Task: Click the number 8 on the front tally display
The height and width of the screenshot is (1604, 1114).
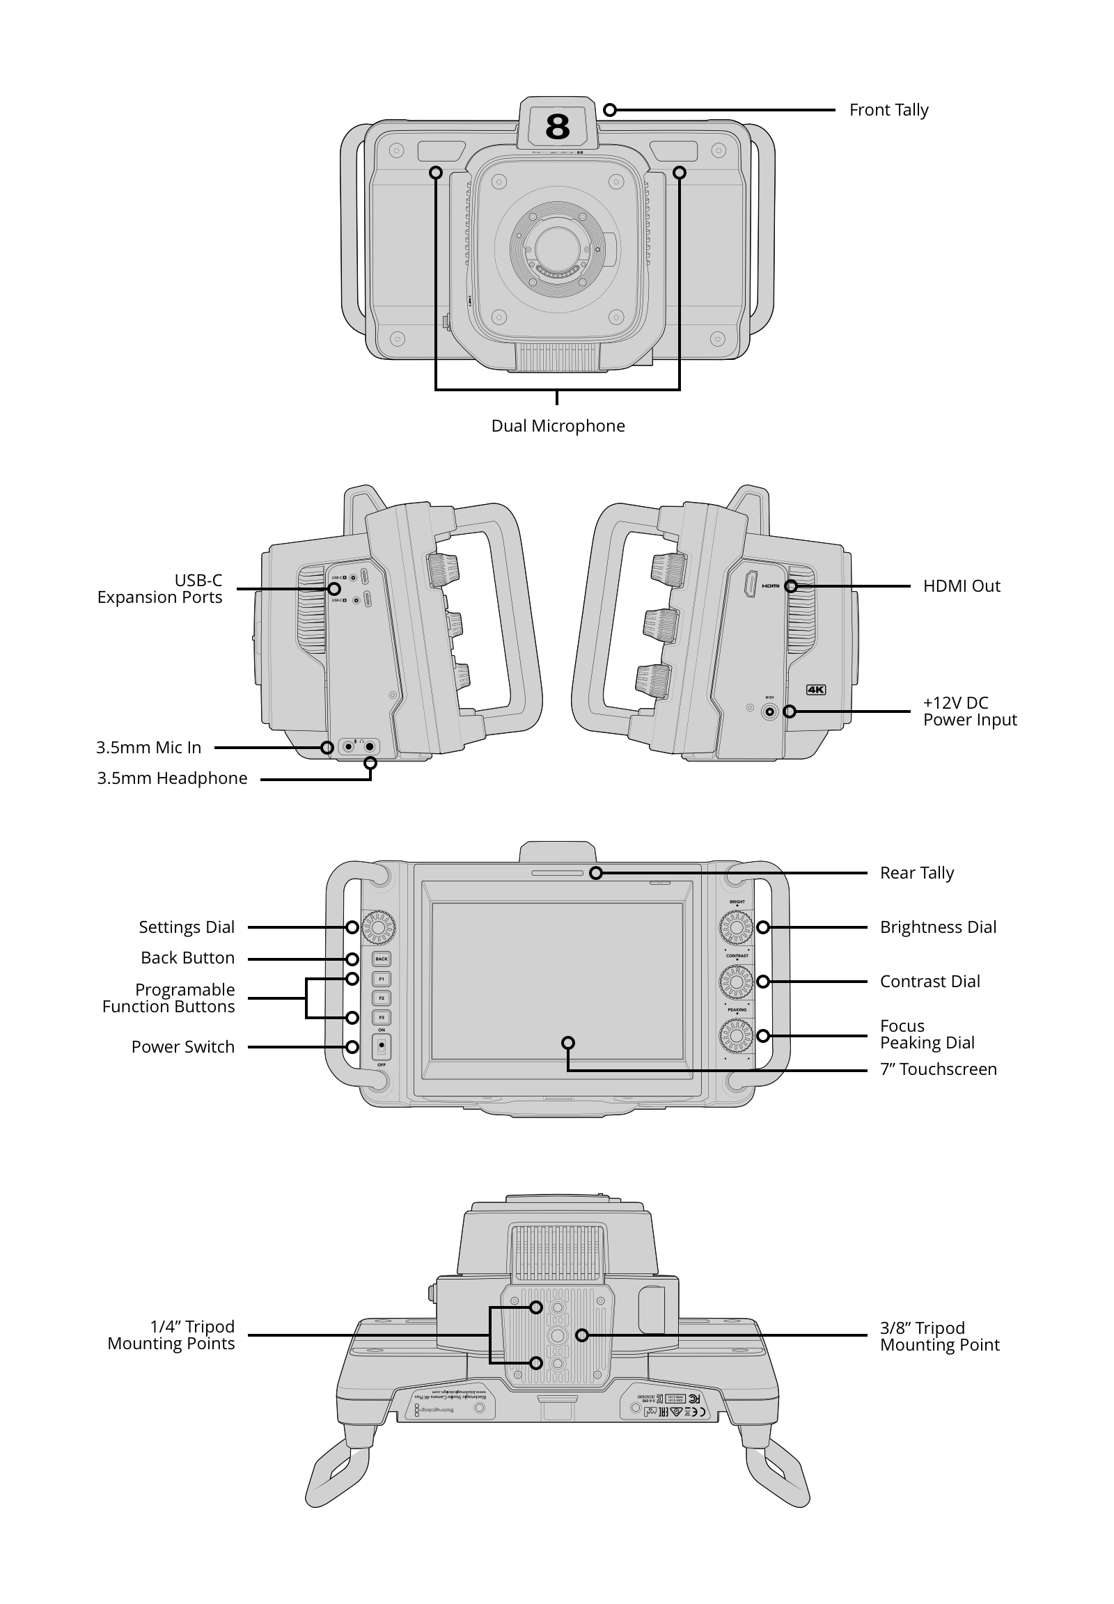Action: point(557,127)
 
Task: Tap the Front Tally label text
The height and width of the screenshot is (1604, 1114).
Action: point(888,110)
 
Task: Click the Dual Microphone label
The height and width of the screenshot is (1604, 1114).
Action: point(558,426)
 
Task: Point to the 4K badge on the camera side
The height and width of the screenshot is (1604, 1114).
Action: point(815,690)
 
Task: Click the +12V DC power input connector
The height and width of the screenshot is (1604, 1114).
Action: point(770,712)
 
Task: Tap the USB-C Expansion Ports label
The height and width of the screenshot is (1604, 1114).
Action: point(160,588)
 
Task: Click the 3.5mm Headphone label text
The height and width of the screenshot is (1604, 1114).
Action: point(172,778)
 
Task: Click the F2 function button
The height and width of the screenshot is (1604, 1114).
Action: point(381,998)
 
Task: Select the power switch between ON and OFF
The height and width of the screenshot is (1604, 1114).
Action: point(381,1047)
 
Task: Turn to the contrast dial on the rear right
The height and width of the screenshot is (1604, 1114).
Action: point(736,982)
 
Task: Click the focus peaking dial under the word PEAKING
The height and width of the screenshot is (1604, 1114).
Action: point(736,1036)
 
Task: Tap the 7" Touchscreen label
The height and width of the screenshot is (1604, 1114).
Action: point(937,1069)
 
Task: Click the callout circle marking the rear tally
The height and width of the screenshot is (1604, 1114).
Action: point(595,873)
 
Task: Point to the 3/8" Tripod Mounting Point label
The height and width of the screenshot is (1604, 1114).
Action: point(939,1336)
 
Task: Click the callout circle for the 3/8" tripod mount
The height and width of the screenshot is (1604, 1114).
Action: point(582,1335)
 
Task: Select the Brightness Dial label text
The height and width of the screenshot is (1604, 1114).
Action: point(937,927)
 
